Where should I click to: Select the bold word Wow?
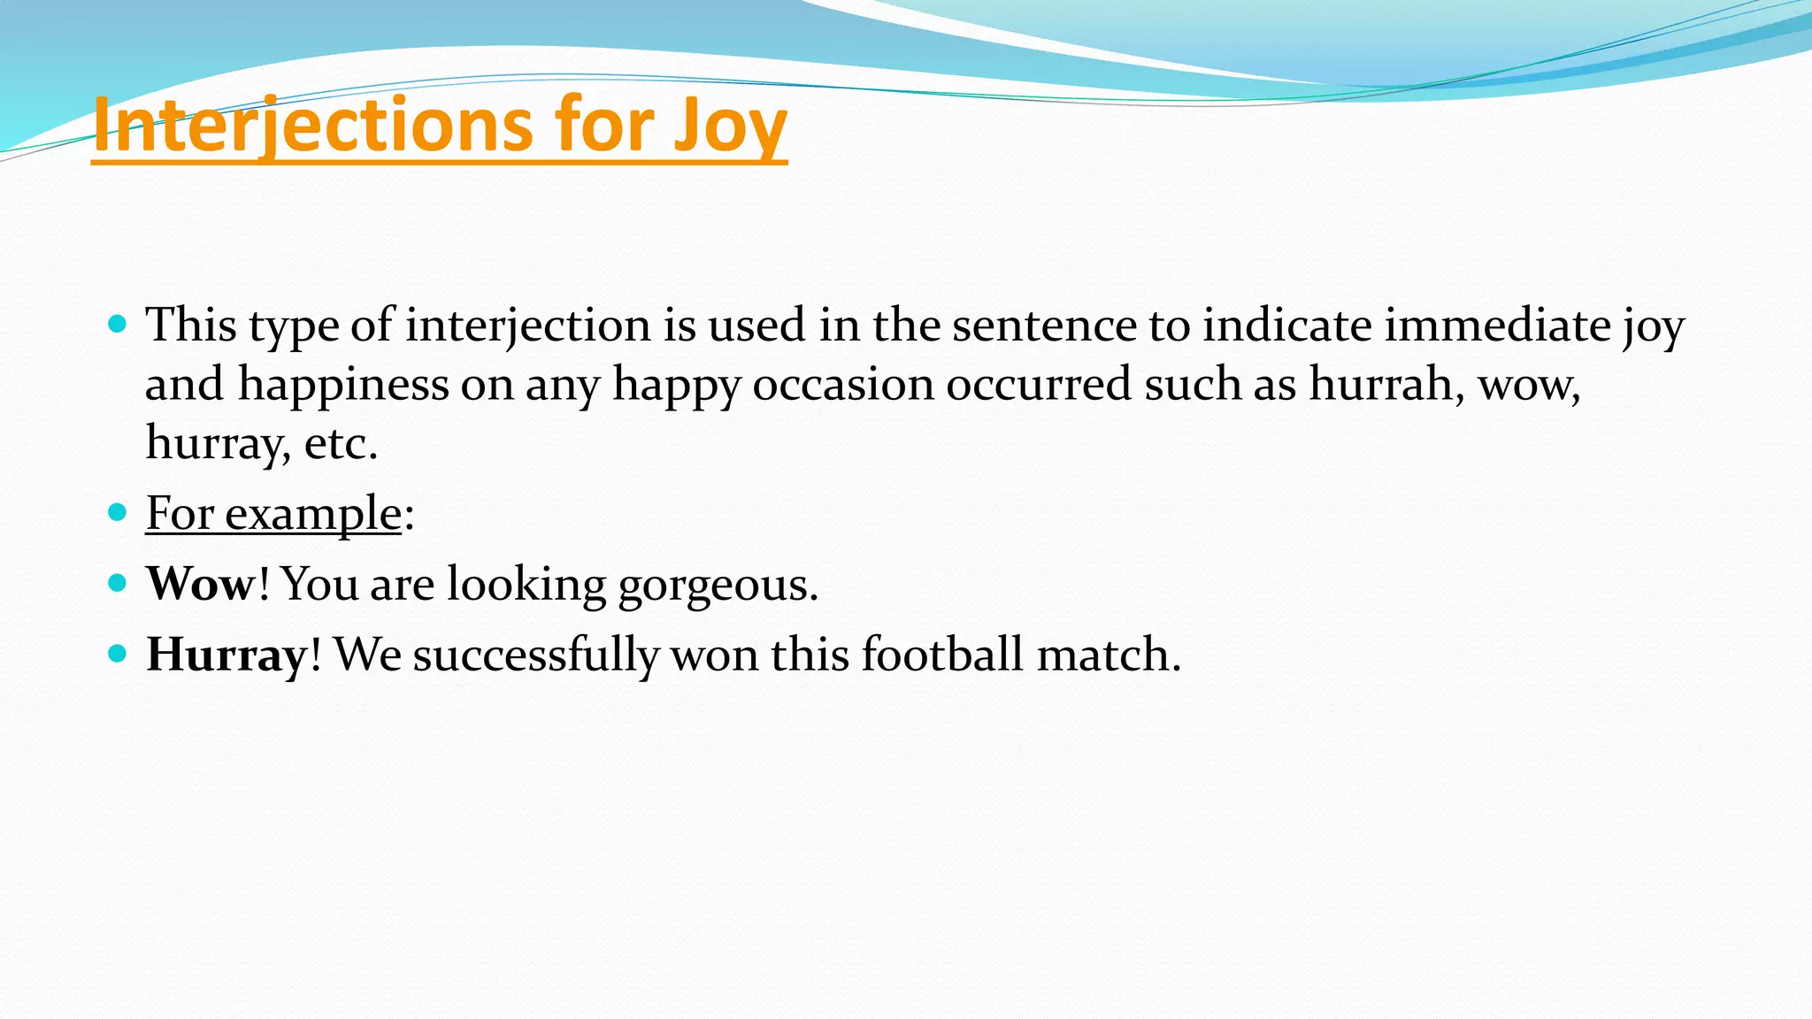(x=200, y=584)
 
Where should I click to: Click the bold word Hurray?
(x=226, y=655)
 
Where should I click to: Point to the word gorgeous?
(x=718, y=585)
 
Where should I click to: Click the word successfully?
(x=535, y=655)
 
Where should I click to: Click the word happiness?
(x=343, y=385)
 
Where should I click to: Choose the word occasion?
(x=843, y=384)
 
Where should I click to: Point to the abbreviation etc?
(x=341, y=443)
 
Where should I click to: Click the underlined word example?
(x=313, y=514)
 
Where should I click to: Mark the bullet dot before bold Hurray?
(x=117, y=654)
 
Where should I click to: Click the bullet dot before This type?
(x=117, y=323)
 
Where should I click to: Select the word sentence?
(x=1044, y=325)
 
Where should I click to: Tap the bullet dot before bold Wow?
(x=117, y=583)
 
